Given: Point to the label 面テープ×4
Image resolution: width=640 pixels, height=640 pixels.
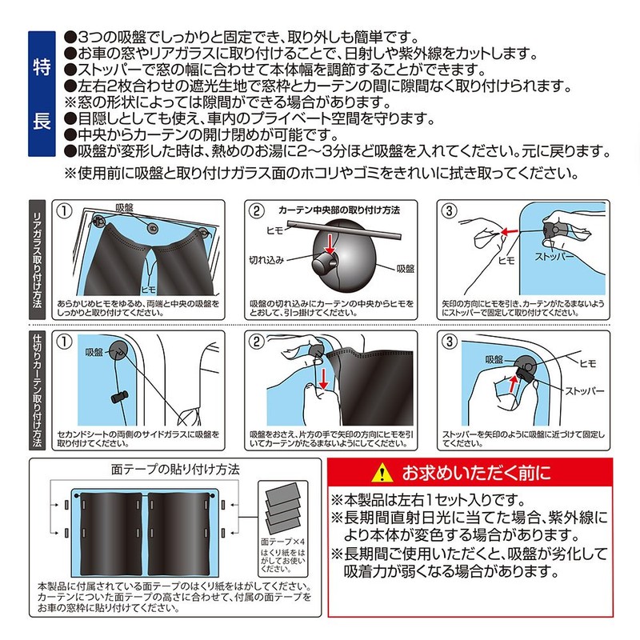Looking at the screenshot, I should (x=282, y=542).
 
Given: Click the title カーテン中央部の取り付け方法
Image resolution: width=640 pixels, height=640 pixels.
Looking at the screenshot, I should (x=338, y=210).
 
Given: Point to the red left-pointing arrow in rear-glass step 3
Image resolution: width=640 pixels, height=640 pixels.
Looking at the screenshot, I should (x=507, y=233).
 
